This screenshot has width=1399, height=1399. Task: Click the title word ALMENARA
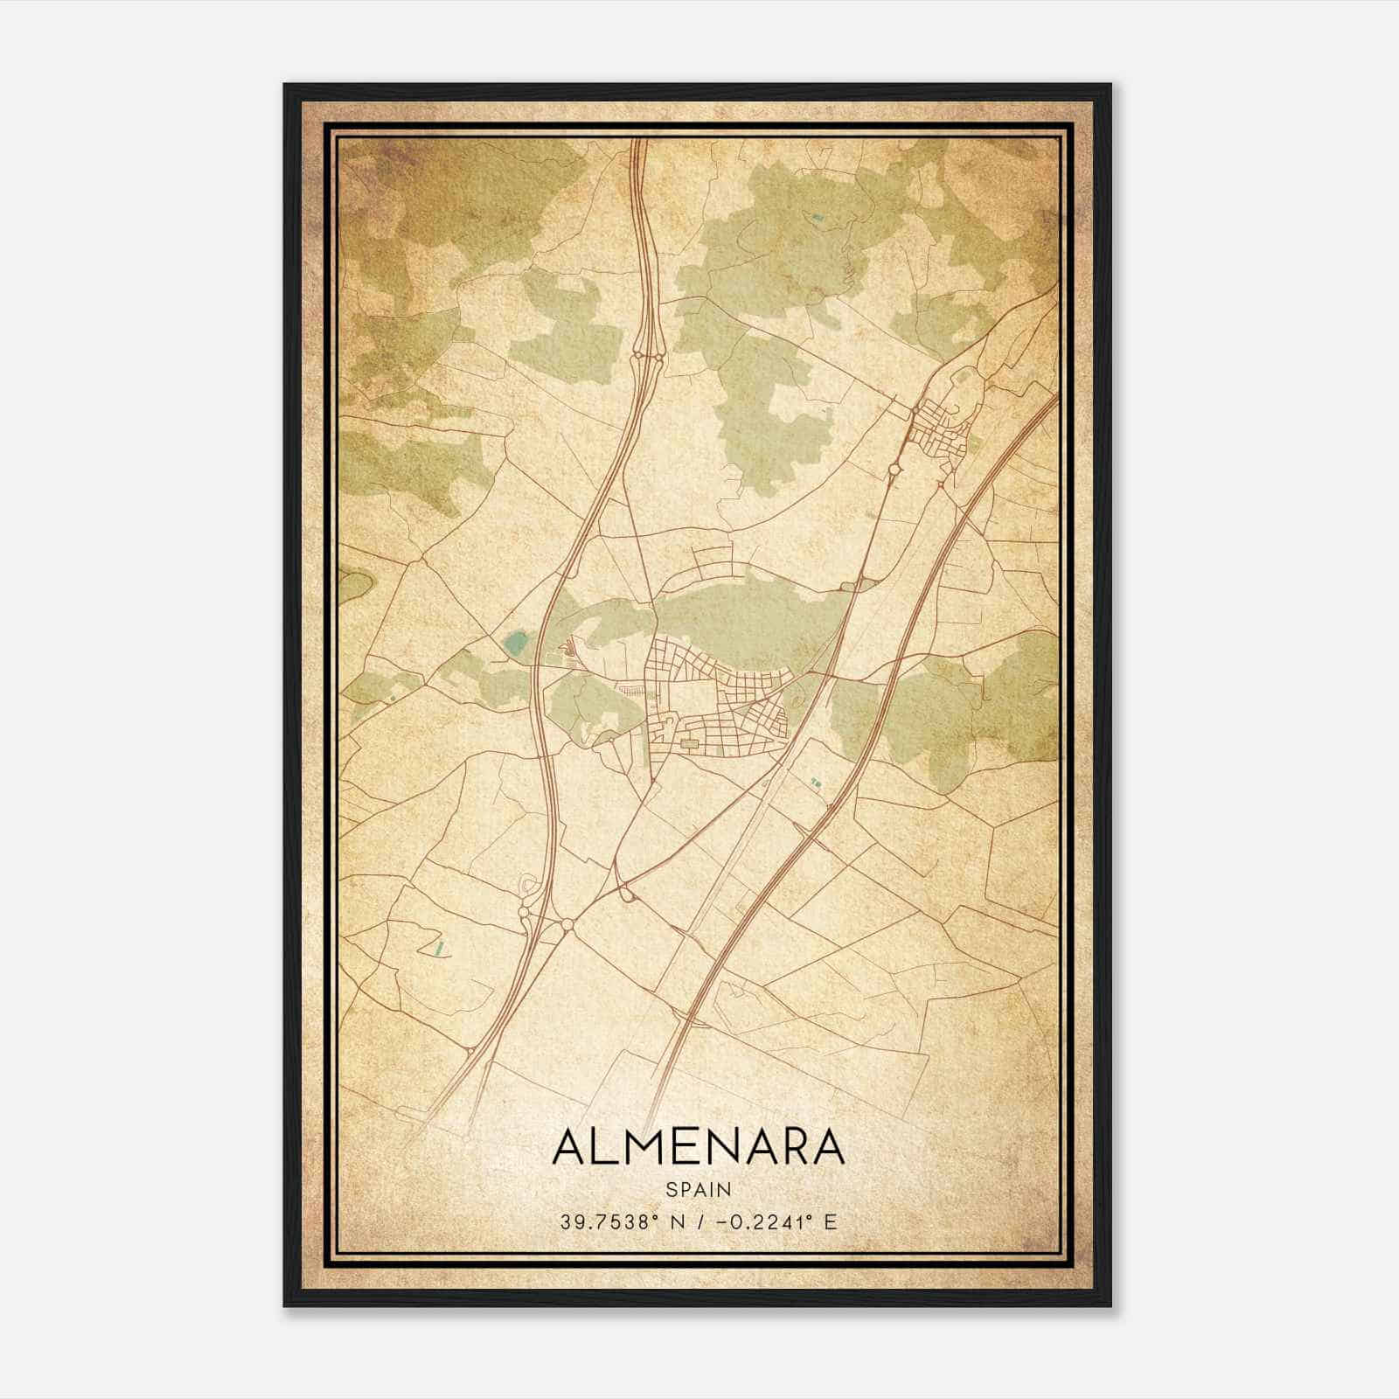(698, 1147)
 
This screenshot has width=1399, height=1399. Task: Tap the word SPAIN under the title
(698, 1189)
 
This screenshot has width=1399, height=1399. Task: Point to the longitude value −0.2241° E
(775, 1222)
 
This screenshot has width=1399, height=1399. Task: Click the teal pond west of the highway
(515, 645)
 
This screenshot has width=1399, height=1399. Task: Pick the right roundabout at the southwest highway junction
(567, 923)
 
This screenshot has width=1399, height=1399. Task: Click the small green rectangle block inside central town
(690, 743)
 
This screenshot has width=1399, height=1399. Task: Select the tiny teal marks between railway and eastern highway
(816, 782)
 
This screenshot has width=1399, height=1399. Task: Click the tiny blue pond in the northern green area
(817, 217)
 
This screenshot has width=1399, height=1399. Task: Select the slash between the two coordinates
(696, 1222)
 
